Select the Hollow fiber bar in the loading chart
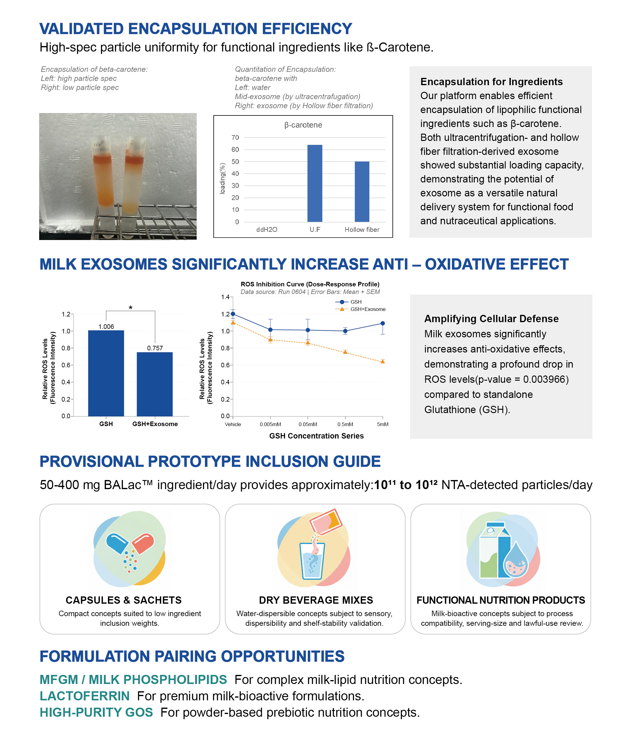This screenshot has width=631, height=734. coord(362,192)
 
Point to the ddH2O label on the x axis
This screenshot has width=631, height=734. coord(267,229)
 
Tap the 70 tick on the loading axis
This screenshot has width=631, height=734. coord(235,138)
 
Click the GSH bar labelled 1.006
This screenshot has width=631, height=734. coord(106,373)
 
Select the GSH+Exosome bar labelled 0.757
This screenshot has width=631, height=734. coord(155,384)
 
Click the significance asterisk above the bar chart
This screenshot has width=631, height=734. coord(131,308)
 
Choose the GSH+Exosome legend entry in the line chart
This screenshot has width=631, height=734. coord(360,309)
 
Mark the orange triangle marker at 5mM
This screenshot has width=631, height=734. coord(383,361)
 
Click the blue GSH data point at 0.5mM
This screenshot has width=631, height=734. coord(345,331)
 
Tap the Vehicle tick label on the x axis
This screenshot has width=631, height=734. coord(233,424)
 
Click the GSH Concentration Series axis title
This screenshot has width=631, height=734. coord(316,436)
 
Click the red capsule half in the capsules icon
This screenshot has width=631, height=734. coord(143,543)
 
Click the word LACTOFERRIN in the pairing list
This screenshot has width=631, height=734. coord(85,696)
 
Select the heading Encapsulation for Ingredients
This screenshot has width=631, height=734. coord(491,82)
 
